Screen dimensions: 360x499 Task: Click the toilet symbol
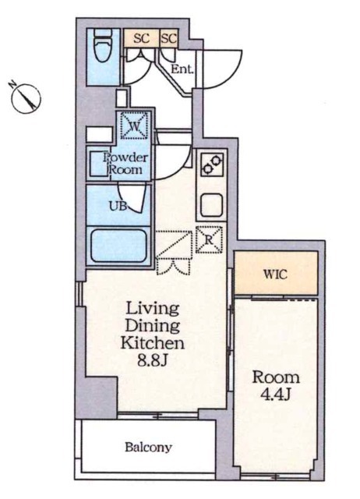tap(102, 48)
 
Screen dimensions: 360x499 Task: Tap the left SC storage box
tap(142, 38)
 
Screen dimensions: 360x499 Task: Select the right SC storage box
tap(168, 38)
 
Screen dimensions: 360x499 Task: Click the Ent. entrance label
tap(182, 69)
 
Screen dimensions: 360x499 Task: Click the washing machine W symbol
tap(135, 125)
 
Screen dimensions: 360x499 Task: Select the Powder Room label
tap(125, 164)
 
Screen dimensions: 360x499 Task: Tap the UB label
tap(118, 206)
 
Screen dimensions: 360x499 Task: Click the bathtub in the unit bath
tap(119, 245)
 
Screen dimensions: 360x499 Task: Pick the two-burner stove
tap(212, 165)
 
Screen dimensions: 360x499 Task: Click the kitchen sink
tap(211, 204)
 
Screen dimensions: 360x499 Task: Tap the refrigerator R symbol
tap(209, 239)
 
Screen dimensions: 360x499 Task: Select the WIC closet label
tap(275, 274)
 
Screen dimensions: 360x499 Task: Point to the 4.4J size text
tap(275, 395)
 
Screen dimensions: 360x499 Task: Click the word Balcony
tap(149, 448)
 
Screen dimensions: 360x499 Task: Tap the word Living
tap(152, 309)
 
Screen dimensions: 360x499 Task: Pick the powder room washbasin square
tap(99, 165)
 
